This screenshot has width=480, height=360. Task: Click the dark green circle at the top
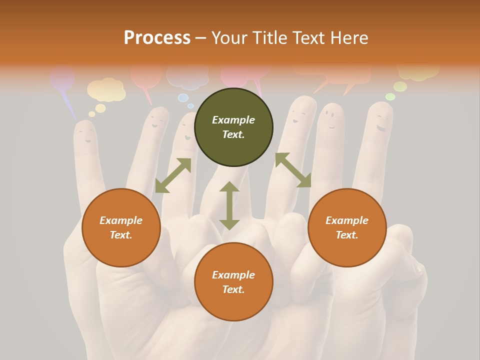click(x=233, y=127)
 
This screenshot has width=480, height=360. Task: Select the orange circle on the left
click(x=121, y=227)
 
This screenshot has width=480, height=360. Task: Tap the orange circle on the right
click(x=347, y=227)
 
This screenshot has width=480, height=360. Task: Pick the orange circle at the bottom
click(x=233, y=282)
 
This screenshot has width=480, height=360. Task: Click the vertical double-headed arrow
click(x=229, y=205)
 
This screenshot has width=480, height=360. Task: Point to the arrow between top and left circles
click(x=173, y=175)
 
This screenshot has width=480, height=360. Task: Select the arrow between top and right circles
click(x=293, y=170)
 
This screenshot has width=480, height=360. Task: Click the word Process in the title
click(x=157, y=38)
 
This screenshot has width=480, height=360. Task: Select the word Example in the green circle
click(x=233, y=120)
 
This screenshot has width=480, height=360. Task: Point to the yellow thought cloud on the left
click(x=106, y=89)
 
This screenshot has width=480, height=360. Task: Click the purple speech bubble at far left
click(x=63, y=80)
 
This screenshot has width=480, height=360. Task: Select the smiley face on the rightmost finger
click(x=381, y=122)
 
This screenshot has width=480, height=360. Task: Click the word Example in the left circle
click(x=121, y=220)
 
